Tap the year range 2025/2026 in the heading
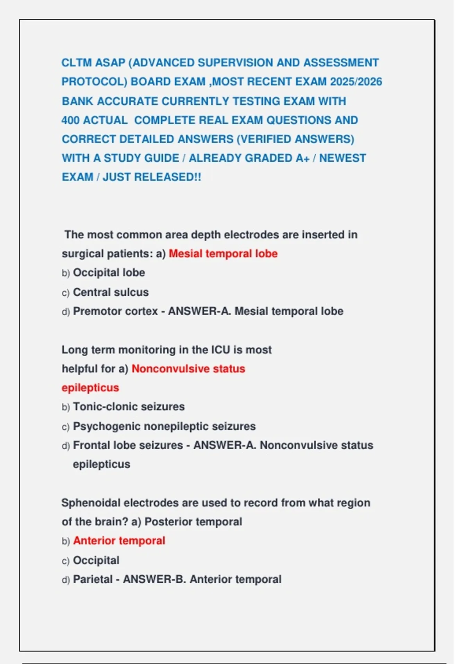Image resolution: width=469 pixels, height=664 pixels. point(356,82)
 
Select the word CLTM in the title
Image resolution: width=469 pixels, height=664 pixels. point(76,63)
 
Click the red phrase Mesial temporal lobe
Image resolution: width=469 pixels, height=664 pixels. point(223,253)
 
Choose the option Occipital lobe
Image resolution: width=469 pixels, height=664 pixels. point(109,273)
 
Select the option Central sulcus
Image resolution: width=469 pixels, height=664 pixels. point(111,292)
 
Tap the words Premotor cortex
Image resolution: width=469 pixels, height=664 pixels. point(115,311)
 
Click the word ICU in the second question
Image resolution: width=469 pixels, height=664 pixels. point(221,350)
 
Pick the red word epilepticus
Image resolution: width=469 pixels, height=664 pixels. point(90,388)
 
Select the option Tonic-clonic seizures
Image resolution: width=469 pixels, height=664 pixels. point(129,407)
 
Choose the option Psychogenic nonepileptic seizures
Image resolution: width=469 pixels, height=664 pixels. point(164,426)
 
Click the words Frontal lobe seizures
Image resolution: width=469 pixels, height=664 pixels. point(128,445)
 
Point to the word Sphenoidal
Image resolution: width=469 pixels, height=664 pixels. point(91,503)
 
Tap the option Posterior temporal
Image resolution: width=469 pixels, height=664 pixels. point(193,522)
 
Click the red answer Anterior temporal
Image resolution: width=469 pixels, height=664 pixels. point(119,541)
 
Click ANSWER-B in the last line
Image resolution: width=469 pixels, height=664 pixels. point(154,579)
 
